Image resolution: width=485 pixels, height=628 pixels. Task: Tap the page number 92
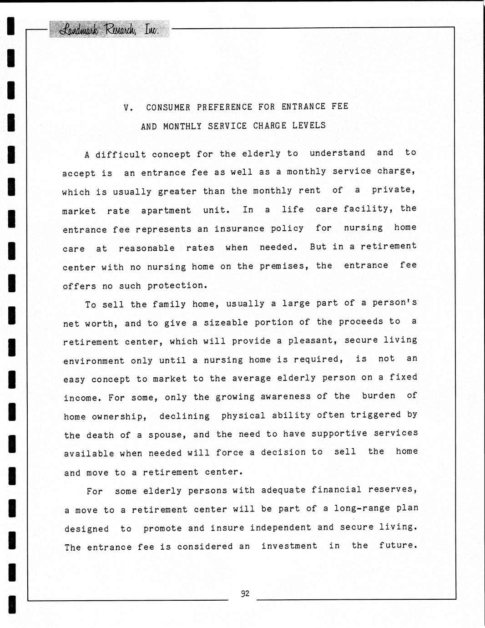click(245, 593)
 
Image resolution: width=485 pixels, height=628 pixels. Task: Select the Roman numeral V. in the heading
click(128, 108)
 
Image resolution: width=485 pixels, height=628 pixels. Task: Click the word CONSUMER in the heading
click(168, 107)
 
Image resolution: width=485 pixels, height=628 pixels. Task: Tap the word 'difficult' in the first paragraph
click(121, 154)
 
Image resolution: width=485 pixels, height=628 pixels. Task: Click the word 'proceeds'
click(361, 322)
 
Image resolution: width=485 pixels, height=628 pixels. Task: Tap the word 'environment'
click(94, 361)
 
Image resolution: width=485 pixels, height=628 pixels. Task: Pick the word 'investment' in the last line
click(289, 546)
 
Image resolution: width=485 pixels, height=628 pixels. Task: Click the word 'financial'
click(336, 490)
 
